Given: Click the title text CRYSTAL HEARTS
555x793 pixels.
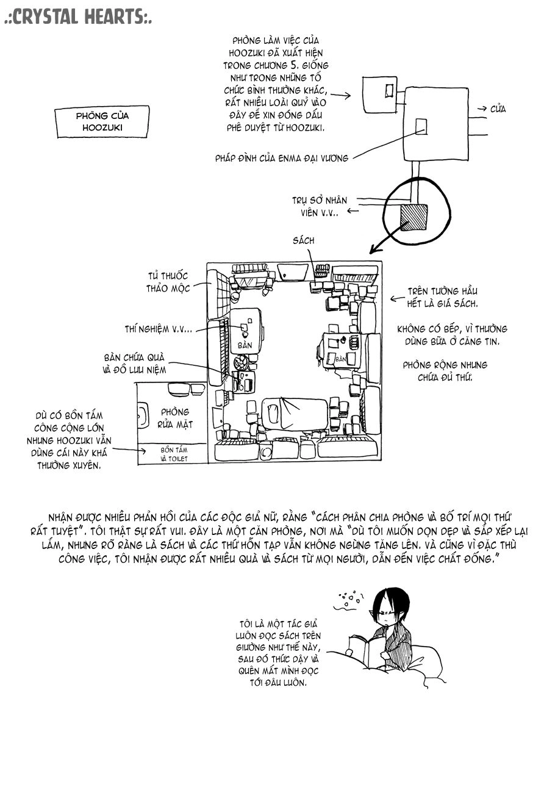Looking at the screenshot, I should (78, 17).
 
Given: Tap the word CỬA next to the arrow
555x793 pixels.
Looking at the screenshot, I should (498, 109).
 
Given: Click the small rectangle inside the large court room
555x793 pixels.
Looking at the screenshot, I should (421, 126).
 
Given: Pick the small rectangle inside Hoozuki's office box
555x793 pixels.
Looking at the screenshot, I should (389, 90).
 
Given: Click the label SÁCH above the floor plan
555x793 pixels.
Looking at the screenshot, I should (304, 240).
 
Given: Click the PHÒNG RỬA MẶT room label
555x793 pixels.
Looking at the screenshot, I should (175, 418).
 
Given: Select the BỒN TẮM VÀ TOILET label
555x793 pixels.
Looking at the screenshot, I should (174, 454).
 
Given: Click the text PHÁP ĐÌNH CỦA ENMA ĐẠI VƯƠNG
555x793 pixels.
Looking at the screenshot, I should (282, 158).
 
